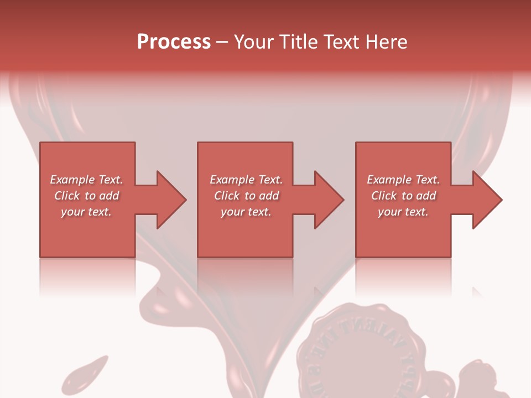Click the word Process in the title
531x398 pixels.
point(174,42)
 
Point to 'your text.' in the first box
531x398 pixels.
point(86,212)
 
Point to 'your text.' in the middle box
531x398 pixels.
point(246,212)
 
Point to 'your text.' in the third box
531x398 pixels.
point(403,212)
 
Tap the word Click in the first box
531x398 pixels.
point(67,196)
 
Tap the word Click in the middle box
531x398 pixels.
point(227,196)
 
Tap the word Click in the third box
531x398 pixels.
point(384,196)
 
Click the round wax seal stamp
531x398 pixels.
point(354,354)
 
